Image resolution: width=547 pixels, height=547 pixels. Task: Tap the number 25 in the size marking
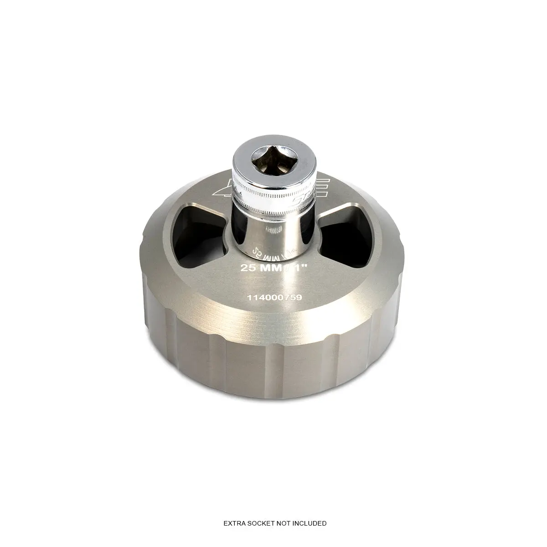click(x=248, y=268)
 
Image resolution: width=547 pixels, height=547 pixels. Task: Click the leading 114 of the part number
click(x=253, y=297)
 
